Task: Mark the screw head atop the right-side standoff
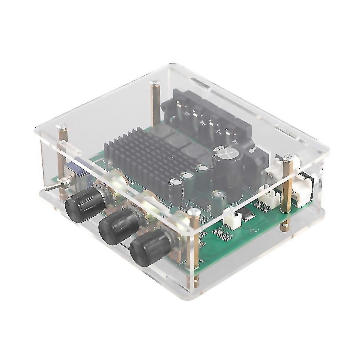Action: (x=288, y=158)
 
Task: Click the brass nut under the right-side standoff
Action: (x=285, y=223)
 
